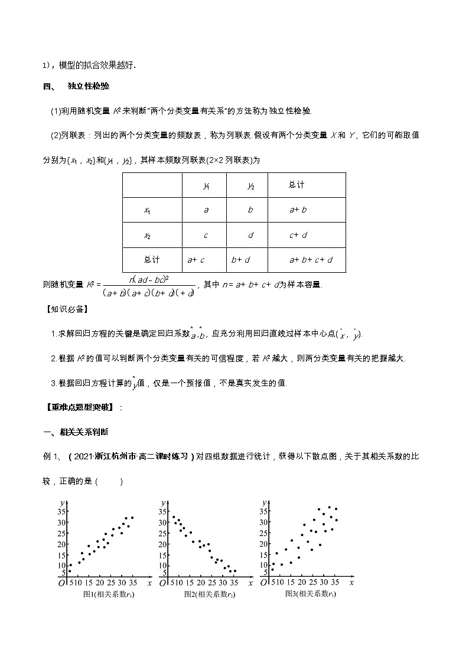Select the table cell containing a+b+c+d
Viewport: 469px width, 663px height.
[x=311, y=259]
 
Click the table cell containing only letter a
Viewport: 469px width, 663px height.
[x=206, y=210]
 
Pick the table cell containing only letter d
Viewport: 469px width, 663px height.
[x=250, y=235]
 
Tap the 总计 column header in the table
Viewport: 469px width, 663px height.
[x=297, y=185]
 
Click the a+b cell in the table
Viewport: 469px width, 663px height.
[x=298, y=210]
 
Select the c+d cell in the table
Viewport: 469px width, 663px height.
[x=298, y=235]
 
